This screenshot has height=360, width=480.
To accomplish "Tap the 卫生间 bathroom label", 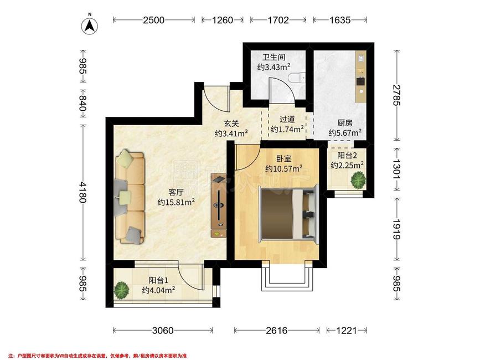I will point(273,57).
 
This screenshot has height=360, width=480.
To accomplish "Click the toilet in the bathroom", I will point(298,78).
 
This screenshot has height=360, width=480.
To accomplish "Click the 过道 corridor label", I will point(286,119).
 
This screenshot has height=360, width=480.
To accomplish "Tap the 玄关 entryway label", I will point(231,123).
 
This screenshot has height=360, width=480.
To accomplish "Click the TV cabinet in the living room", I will point(219,205).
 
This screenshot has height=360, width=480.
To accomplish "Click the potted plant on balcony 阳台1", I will point(121,289).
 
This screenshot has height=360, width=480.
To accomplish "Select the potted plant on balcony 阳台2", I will point(358,180).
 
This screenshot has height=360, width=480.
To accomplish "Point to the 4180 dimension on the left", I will point(82,192).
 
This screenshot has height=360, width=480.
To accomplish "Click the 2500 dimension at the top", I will point(154,20).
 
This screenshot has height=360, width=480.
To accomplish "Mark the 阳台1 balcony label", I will point(158,280).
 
